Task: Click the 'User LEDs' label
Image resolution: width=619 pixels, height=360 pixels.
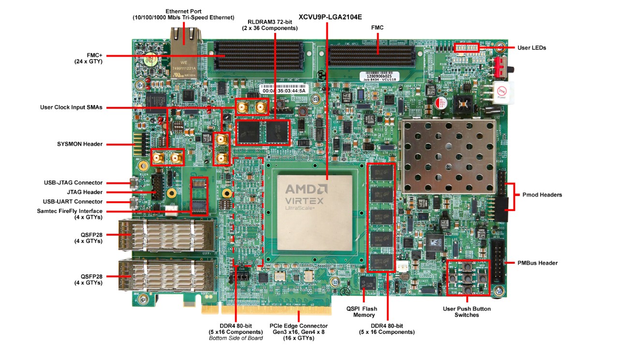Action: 531,47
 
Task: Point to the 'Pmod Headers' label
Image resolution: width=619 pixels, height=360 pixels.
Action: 542,195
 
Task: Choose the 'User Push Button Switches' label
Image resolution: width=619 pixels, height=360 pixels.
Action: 467,312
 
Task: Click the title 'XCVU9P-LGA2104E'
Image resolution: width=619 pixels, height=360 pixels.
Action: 330,16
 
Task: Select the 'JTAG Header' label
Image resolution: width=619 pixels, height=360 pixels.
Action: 86,192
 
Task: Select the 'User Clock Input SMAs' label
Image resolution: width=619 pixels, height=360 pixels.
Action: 71,107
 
